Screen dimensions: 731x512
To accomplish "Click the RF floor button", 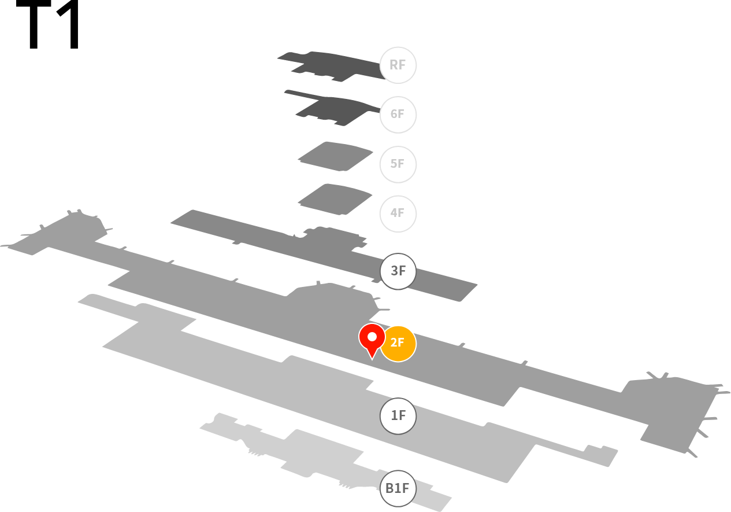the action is [398, 65].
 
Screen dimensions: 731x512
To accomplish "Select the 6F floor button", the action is [398, 115].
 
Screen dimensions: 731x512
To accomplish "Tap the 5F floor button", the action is [398, 164].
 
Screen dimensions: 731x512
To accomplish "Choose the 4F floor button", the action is [398, 214].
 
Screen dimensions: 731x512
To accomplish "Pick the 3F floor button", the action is [398, 271].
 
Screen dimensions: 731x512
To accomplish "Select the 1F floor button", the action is [398, 416].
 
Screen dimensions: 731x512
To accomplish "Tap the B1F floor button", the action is [398, 488].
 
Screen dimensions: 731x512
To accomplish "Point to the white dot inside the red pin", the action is [372, 337].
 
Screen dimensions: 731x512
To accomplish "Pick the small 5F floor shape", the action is [336, 157].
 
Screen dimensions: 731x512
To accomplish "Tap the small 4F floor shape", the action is [335, 200].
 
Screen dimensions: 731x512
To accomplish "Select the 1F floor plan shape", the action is [326, 385].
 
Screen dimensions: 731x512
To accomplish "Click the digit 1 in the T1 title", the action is [69, 24].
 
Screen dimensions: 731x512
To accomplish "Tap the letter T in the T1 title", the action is [34, 24].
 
